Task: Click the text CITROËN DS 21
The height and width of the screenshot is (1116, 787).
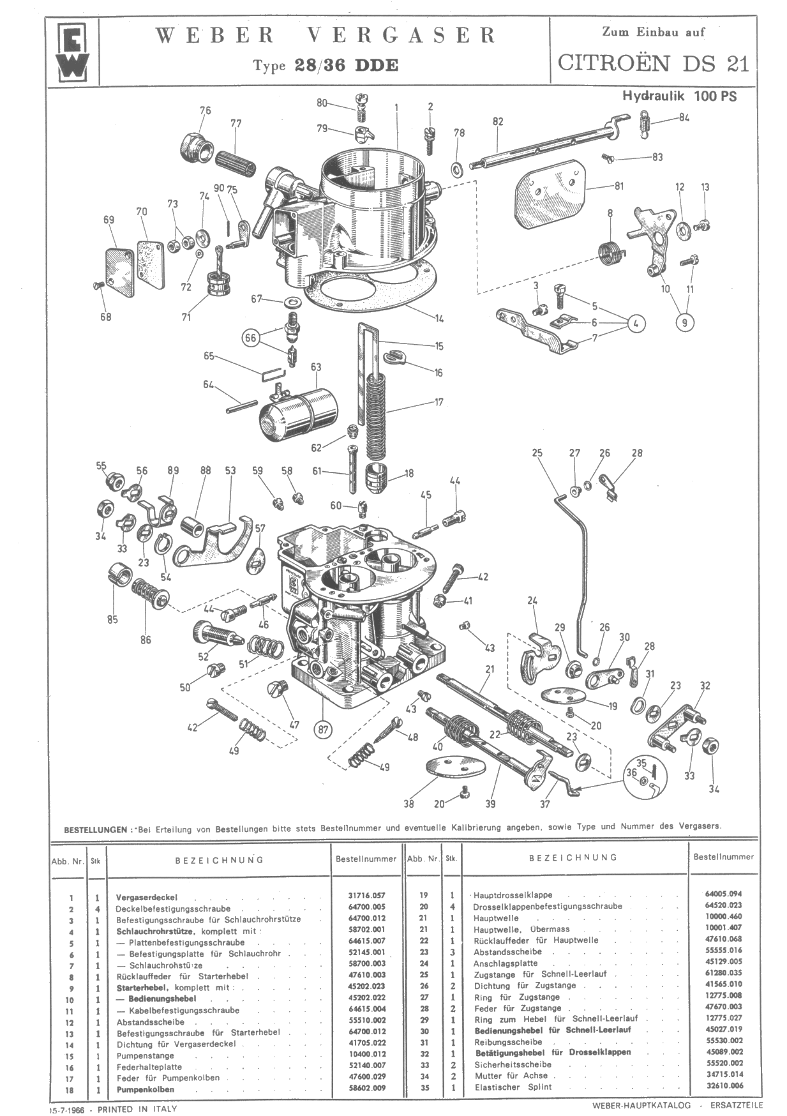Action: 653,63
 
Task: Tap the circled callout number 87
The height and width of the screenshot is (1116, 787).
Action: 323,729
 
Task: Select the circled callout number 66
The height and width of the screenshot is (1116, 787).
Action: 251,338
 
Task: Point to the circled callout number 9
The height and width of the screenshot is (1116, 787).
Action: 684,322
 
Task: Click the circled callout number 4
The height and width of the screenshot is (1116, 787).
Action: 636,323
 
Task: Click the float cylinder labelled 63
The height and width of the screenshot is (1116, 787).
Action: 299,414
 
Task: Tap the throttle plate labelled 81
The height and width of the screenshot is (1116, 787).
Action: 550,189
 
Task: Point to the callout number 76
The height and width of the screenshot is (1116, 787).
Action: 205,110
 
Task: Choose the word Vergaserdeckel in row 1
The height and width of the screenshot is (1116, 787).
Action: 147,897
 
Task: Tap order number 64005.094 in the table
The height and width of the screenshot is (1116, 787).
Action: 724,894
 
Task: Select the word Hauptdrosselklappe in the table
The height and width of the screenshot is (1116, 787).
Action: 513,895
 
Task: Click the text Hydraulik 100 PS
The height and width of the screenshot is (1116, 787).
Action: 679,96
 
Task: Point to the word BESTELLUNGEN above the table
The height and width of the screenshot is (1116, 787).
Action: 95,830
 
